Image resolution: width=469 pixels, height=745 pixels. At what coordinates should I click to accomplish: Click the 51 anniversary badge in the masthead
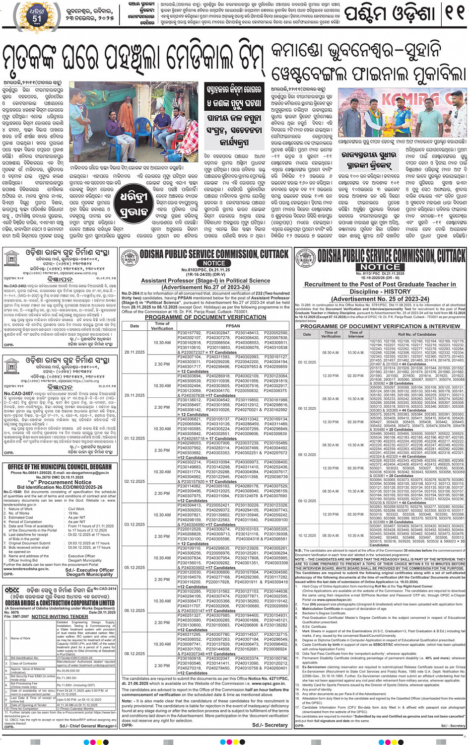tap(37, 14)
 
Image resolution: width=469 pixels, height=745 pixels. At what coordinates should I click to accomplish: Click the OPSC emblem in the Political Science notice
tap(130, 257)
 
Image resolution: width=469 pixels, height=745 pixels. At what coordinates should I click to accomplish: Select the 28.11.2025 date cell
tap(134, 352)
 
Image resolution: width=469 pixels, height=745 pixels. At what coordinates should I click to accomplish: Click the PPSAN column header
tap(233, 326)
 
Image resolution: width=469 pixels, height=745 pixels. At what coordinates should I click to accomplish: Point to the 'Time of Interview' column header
tap(356, 334)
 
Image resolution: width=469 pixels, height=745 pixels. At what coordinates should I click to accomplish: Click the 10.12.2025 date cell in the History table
tap(307, 535)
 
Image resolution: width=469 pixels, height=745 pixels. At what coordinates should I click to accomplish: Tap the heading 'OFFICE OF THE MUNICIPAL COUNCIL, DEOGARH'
tap(60, 467)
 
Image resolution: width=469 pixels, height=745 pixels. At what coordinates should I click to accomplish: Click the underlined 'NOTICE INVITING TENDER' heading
tap(60, 616)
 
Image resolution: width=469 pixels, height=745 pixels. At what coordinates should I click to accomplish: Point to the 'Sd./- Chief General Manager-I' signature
tap(88, 726)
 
